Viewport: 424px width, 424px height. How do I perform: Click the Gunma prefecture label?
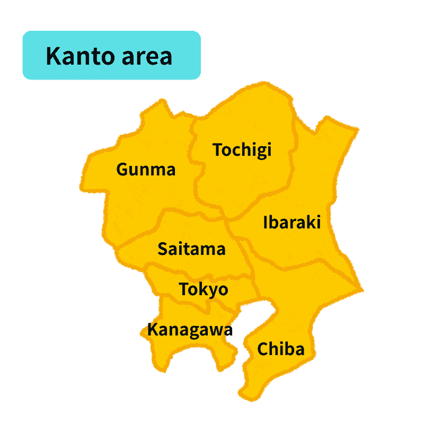point(146,170)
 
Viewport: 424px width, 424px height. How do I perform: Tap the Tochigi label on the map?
point(242,150)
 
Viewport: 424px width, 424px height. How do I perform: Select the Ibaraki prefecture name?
point(292,222)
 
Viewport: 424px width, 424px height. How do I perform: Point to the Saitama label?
point(191,249)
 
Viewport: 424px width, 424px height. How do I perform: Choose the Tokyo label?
point(204,289)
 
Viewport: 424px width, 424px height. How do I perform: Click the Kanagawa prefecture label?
point(190,330)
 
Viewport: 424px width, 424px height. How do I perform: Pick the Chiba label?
point(280,349)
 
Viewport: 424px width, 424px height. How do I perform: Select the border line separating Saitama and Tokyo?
point(201,277)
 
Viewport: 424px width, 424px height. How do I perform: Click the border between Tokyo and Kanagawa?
point(196,304)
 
